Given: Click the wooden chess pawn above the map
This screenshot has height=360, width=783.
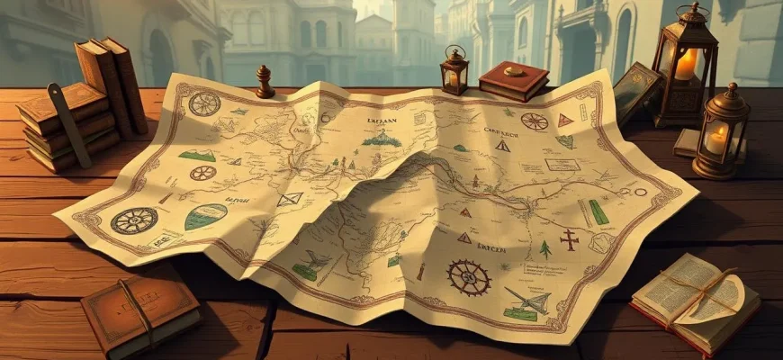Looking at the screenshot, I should pyautogui.click(x=265, y=82).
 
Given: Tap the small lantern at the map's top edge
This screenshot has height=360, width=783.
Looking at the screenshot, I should pyautogui.click(x=454, y=71).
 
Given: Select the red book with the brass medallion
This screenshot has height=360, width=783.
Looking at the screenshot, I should pyautogui.click(x=513, y=80).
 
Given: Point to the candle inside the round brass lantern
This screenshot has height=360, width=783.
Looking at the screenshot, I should pyautogui.click(x=717, y=140).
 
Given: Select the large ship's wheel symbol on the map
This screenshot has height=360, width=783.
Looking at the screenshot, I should pyautogui.click(x=469, y=277).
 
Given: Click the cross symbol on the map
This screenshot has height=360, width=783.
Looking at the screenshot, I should pyautogui.click(x=569, y=238).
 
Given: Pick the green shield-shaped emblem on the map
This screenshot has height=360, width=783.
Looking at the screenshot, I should pyautogui.click(x=205, y=217).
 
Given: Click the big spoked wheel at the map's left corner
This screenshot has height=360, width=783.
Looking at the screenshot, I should pyautogui.click(x=133, y=220).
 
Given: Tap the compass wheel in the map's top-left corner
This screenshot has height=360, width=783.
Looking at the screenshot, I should pyautogui.click(x=204, y=103).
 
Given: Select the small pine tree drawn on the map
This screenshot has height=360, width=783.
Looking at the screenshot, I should pyautogui.click(x=544, y=249).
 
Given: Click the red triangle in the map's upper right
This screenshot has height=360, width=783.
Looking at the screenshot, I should pyautogui.click(x=565, y=120).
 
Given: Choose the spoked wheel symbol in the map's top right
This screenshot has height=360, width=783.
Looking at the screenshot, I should pyautogui.click(x=535, y=121).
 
